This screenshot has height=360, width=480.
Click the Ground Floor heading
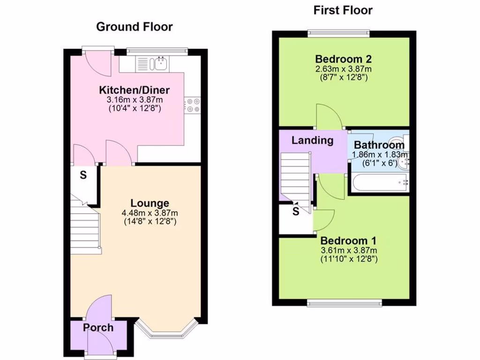[134, 27]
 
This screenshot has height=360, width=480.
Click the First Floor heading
[343, 10]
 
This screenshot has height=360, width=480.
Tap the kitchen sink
[159, 63]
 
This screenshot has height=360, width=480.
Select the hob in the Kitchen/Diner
[192, 105]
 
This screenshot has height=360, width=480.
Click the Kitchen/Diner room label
[134, 90]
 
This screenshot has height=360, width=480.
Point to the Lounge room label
[150, 203]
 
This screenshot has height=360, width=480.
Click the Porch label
[98, 328]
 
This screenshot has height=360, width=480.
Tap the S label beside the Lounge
[83, 176]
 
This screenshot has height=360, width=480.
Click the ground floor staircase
[86, 227]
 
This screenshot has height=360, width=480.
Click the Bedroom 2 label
[344, 59]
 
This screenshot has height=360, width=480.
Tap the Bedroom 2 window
[338, 33]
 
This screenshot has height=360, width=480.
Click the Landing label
[312, 140]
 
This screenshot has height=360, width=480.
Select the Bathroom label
[379, 145]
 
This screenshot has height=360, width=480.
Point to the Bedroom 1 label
[348, 240]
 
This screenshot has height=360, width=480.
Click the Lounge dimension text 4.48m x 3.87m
[150, 213]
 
